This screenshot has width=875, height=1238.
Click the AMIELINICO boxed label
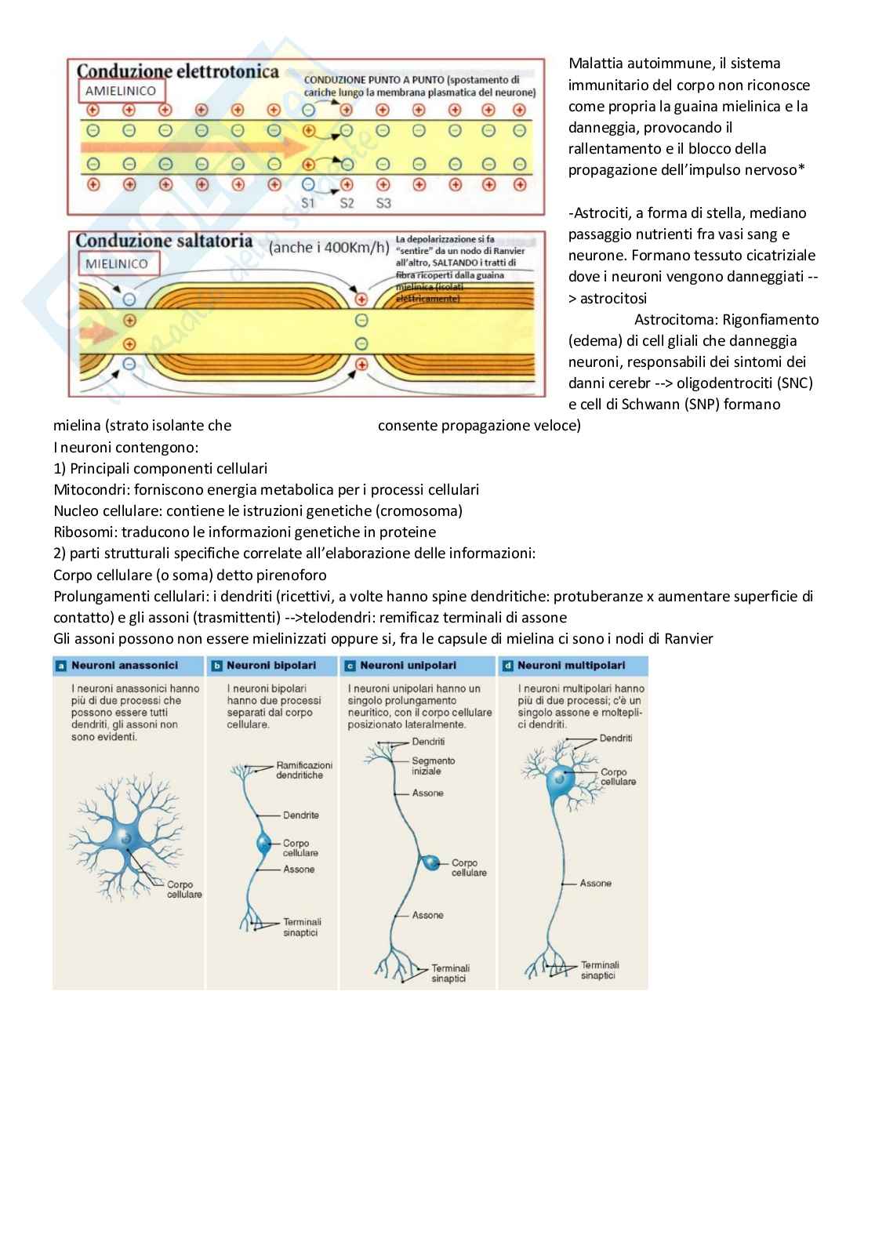pos(121,91)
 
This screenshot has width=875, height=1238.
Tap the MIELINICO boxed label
pos(117,263)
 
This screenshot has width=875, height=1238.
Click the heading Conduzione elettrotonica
pos(177,71)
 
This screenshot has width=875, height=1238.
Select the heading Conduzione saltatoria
pos(164,241)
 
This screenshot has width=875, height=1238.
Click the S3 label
pos(383,203)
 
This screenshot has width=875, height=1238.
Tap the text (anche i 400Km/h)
pos(329,248)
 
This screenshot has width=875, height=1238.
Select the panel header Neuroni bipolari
pos(270,666)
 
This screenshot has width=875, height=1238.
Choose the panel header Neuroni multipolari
pos(571,666)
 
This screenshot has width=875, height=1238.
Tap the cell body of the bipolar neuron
pos(264,844)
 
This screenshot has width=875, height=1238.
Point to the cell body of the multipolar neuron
pos(559,779)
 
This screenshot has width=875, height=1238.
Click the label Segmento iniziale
pos(433,766)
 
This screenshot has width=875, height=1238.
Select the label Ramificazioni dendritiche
pos(303,770)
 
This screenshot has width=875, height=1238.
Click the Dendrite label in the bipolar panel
pos(300,815)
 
